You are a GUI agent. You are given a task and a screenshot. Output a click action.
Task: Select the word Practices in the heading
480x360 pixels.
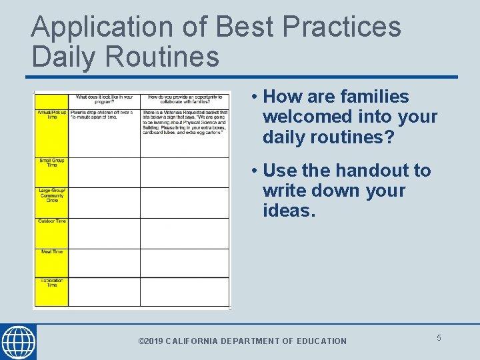[343, 27]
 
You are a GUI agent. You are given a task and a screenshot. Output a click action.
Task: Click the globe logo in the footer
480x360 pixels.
[18, 343]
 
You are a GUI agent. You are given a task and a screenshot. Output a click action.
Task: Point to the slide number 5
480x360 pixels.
[439, 338]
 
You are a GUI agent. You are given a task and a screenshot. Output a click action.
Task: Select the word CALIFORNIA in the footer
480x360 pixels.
[191, 341]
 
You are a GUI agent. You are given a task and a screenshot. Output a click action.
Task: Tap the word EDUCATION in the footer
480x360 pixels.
[321, 341]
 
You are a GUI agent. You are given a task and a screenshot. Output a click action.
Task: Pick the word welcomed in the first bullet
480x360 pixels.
[301, 117]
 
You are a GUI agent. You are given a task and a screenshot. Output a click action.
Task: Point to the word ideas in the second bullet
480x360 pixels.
[287, 211]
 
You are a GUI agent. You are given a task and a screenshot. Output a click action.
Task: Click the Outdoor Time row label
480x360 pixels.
[51, 221]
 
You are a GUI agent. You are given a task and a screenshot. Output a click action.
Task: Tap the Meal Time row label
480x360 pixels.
[51, 252]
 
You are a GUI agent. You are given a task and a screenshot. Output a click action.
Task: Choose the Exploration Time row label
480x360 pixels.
[51, 283]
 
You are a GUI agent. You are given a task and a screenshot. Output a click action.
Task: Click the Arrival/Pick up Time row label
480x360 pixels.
[51, 115]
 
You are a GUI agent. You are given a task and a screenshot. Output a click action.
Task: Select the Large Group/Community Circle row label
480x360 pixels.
[51, 196]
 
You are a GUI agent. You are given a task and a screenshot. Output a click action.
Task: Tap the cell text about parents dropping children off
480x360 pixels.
[103, 115]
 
